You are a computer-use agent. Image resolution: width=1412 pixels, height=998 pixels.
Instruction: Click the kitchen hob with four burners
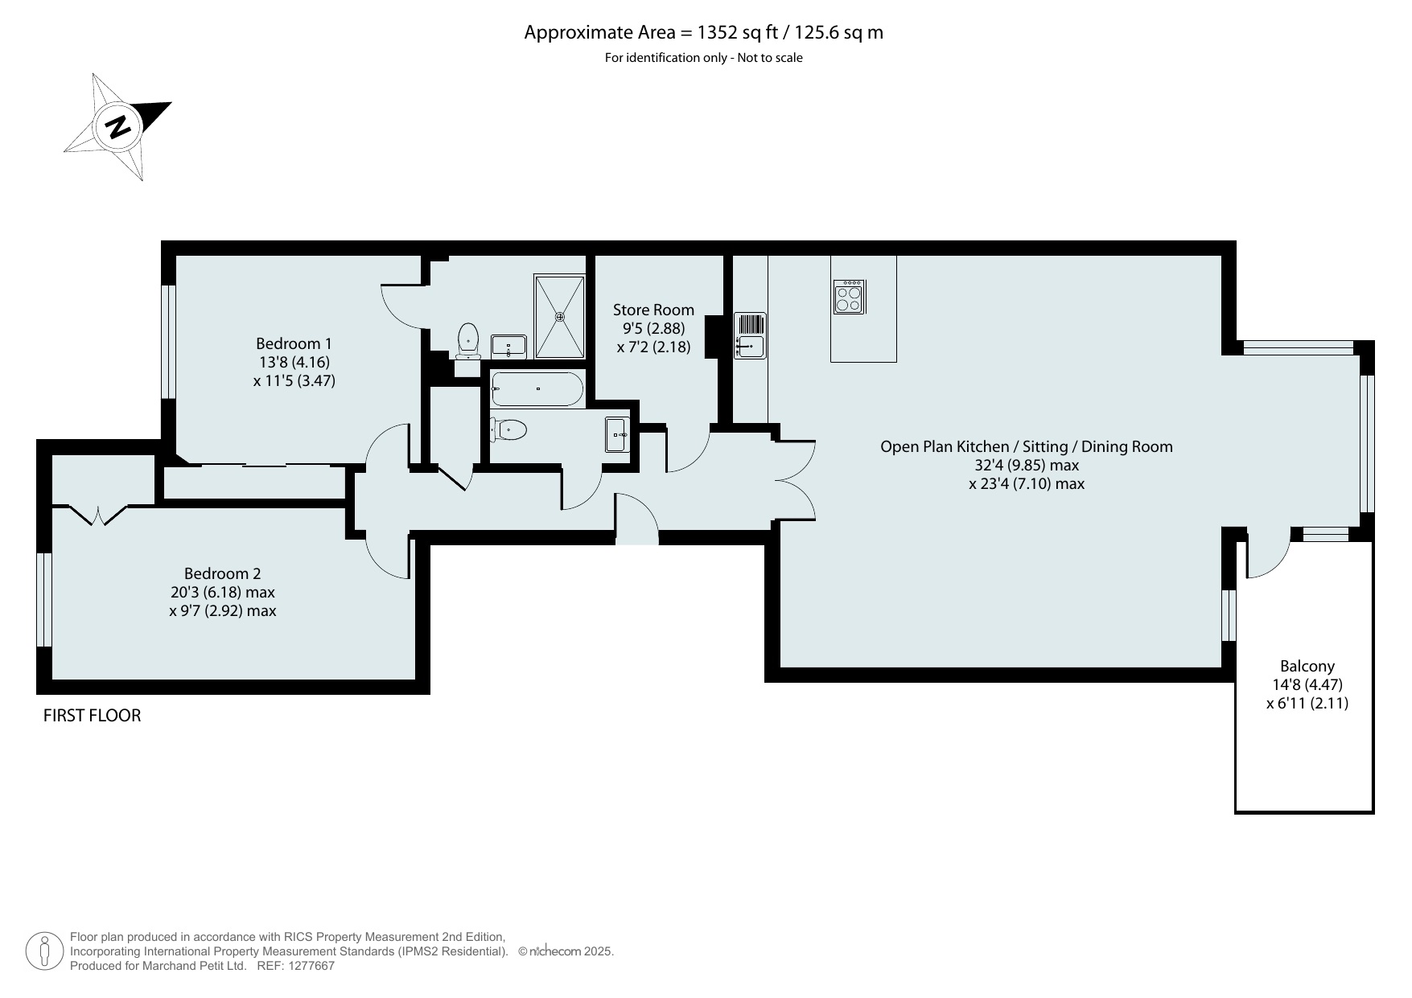(850, 296)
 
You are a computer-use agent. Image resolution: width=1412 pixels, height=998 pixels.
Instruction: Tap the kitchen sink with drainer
(750, 335)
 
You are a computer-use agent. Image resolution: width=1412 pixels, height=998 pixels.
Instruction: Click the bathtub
(537, 388)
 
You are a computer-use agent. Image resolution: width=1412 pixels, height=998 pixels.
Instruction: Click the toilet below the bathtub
(508, 430)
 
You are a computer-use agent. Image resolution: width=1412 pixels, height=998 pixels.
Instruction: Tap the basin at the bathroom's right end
(617, 435)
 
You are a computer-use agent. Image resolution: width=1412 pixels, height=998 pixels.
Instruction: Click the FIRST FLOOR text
(92, 715)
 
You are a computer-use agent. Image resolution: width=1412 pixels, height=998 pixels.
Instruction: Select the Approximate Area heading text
(704, 32)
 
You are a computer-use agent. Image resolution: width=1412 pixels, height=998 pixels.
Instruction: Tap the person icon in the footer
(44, 951)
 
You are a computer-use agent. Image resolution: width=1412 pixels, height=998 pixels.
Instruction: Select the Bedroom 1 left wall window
(168, 342)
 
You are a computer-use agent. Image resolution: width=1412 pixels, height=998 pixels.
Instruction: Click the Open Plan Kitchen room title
(1026, 446)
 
